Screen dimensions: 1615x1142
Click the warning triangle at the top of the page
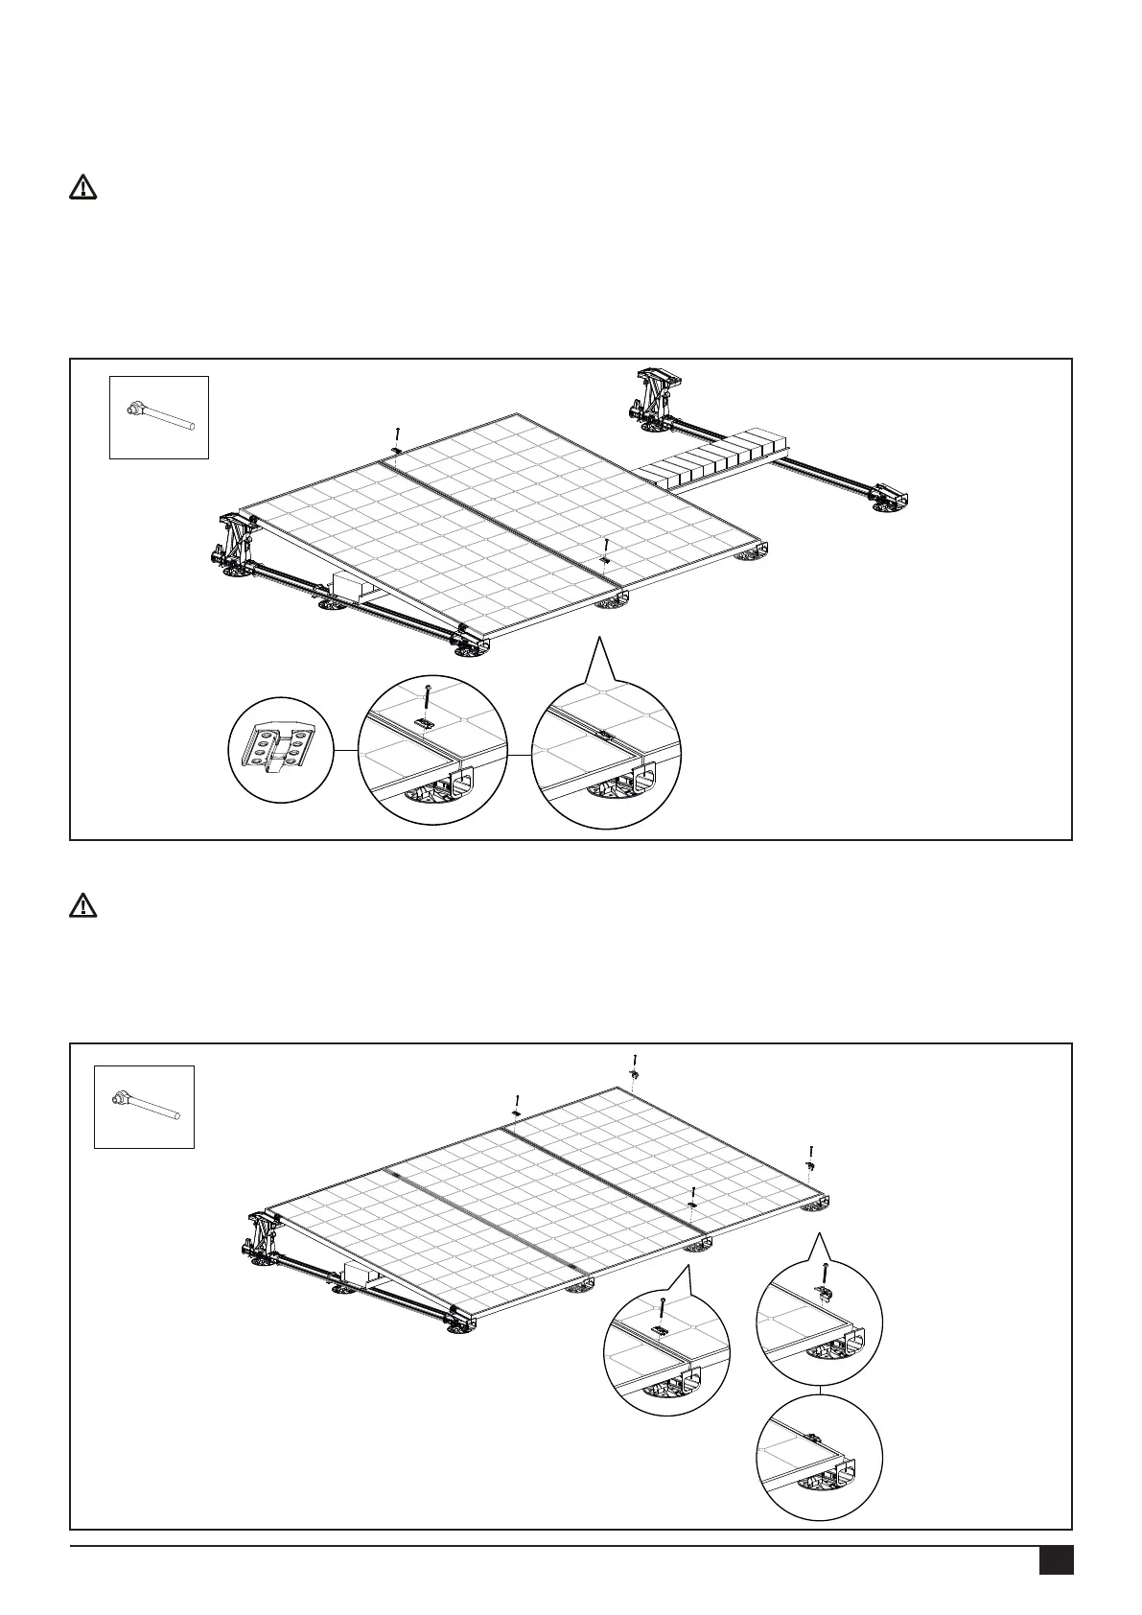[x=83, y=188]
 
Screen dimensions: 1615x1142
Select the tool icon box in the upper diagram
[x=158, y=417]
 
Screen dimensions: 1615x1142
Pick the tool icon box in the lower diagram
[x=144, y=1106]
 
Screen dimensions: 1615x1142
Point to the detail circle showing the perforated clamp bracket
[x=281, y=750]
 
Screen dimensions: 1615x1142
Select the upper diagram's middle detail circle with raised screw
[x=431, y=750]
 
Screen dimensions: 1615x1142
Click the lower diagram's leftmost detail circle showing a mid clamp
[x=666, y=1350]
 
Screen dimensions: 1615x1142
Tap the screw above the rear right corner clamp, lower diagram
[x=635, y=1062]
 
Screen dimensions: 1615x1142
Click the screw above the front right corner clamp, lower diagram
[x=812, y=1151]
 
